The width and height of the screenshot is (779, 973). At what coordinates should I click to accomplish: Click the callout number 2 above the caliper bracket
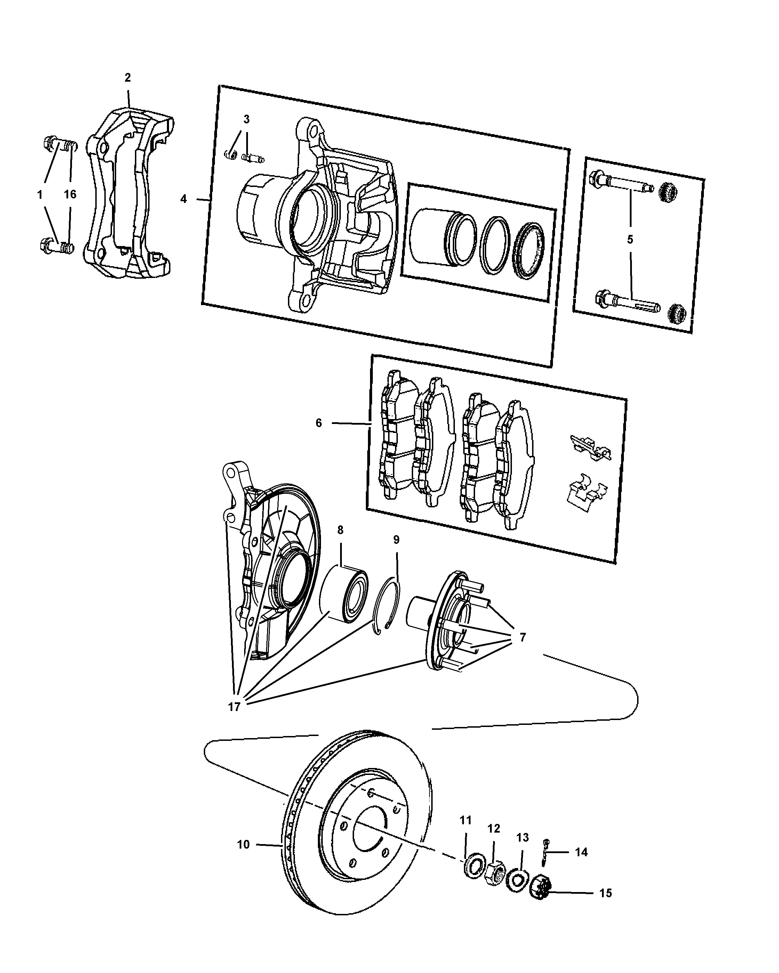point(128,77)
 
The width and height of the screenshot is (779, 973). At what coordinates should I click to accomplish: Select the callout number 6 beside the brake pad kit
point(319,423)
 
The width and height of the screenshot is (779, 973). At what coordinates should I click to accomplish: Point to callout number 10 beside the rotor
point(243,844)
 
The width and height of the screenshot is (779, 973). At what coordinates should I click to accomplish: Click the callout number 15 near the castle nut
point(605,893)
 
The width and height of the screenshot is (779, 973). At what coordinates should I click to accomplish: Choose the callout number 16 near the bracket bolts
point(70,195)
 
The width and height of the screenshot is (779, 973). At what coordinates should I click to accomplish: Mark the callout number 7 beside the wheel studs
point(522,637)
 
